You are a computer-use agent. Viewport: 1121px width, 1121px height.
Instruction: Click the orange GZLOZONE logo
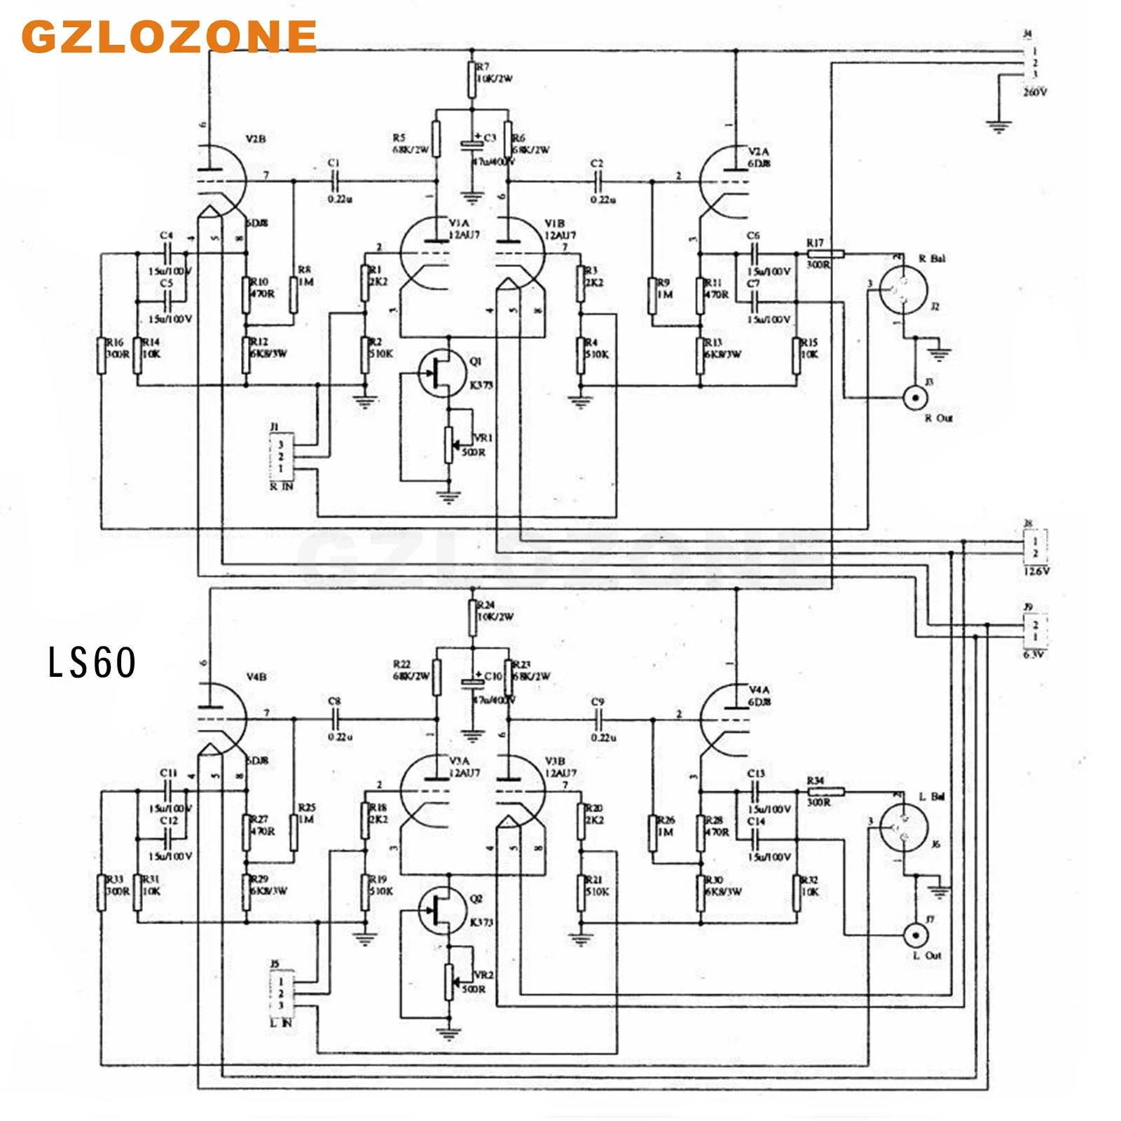[170, 36]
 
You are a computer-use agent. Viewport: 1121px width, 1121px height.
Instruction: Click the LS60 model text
[92, 663]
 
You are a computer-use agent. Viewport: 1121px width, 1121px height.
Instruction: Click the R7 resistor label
[482, 67]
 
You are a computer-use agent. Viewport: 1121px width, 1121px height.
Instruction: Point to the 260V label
[1035, 92]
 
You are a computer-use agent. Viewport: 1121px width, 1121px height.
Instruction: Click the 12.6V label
[1036, 571]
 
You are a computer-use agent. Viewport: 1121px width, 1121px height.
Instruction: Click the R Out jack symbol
[914, 399]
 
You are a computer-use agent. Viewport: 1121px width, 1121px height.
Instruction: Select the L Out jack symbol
[914, 935]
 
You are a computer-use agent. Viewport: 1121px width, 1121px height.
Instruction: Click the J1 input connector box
[281, 456]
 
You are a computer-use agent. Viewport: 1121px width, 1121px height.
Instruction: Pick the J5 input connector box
[281, 993]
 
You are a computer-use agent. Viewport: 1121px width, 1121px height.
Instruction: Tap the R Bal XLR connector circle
[904, 291]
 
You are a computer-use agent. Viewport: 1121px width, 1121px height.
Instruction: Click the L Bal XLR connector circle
[904, 828]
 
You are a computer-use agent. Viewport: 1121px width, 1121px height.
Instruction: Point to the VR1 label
[483, 438]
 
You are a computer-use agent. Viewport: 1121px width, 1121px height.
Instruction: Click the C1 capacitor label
[333, 163]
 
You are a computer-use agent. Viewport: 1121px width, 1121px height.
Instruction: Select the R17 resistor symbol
[826, 254]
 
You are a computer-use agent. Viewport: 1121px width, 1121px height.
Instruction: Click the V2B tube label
[256, 139]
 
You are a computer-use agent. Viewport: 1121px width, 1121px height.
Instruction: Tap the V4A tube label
[759, 690]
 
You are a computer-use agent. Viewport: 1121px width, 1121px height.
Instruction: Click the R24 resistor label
[486, 605]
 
